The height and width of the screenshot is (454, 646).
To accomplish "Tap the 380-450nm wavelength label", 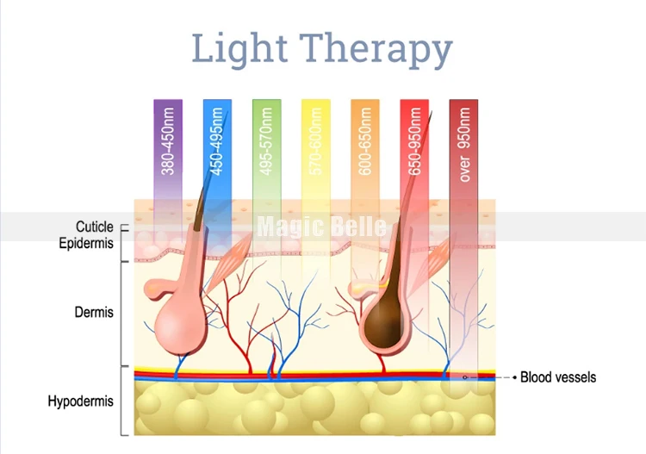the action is point(168,140).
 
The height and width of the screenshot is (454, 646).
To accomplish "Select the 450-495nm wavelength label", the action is point(217,140).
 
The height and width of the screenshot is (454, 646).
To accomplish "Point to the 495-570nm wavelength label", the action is point(266,140).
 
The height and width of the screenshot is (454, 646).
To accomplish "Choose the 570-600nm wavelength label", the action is point(315,140).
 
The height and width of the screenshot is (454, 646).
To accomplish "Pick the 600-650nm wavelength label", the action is point(364,140).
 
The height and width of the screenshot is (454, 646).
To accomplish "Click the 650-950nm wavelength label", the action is point(414,140).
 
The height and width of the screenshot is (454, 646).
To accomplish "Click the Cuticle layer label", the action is point(95,227).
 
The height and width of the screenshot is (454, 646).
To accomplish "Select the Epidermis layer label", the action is point(86,243).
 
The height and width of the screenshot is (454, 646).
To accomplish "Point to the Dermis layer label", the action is point(94,312).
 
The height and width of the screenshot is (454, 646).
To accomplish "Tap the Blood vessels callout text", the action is point(558,377).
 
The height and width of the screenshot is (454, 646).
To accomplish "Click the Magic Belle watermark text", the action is point(321,227).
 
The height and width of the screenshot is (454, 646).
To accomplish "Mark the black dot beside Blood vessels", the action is point(515,377).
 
